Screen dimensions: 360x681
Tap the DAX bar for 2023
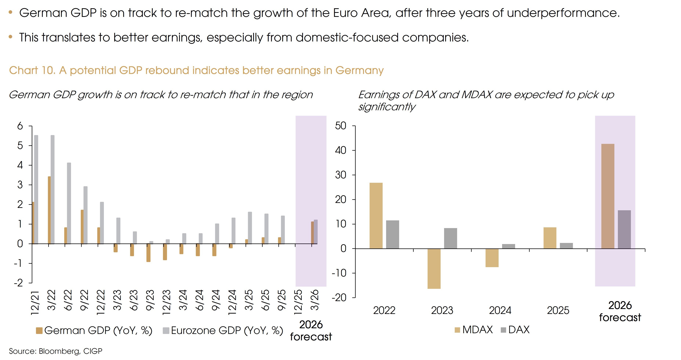tap(451, 238)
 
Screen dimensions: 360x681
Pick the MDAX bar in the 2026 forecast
tap(608, 196)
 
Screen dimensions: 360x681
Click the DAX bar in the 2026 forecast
tap(624, 229)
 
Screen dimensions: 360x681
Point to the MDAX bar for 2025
tap(550, 238)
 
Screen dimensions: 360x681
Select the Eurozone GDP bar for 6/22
tap(69, 203)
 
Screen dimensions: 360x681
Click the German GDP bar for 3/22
tap(49, 210)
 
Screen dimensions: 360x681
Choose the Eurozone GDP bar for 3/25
tap(250, 228)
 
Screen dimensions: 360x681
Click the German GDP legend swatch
tap(39, 331)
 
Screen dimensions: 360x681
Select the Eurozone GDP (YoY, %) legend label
tap(227, 330)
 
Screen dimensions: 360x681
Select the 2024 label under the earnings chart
tap(500, 310)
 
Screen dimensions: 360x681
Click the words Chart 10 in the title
tap(32, 70)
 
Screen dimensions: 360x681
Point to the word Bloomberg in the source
tap(59, 351)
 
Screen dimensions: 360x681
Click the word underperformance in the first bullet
tap(563, 13)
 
